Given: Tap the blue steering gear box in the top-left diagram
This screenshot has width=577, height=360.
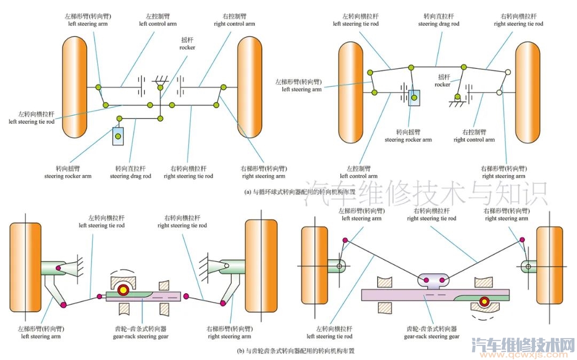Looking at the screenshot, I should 118,137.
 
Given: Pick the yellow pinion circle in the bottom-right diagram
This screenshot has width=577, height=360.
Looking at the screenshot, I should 484,301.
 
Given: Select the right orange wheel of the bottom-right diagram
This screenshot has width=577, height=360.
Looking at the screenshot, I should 549,266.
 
